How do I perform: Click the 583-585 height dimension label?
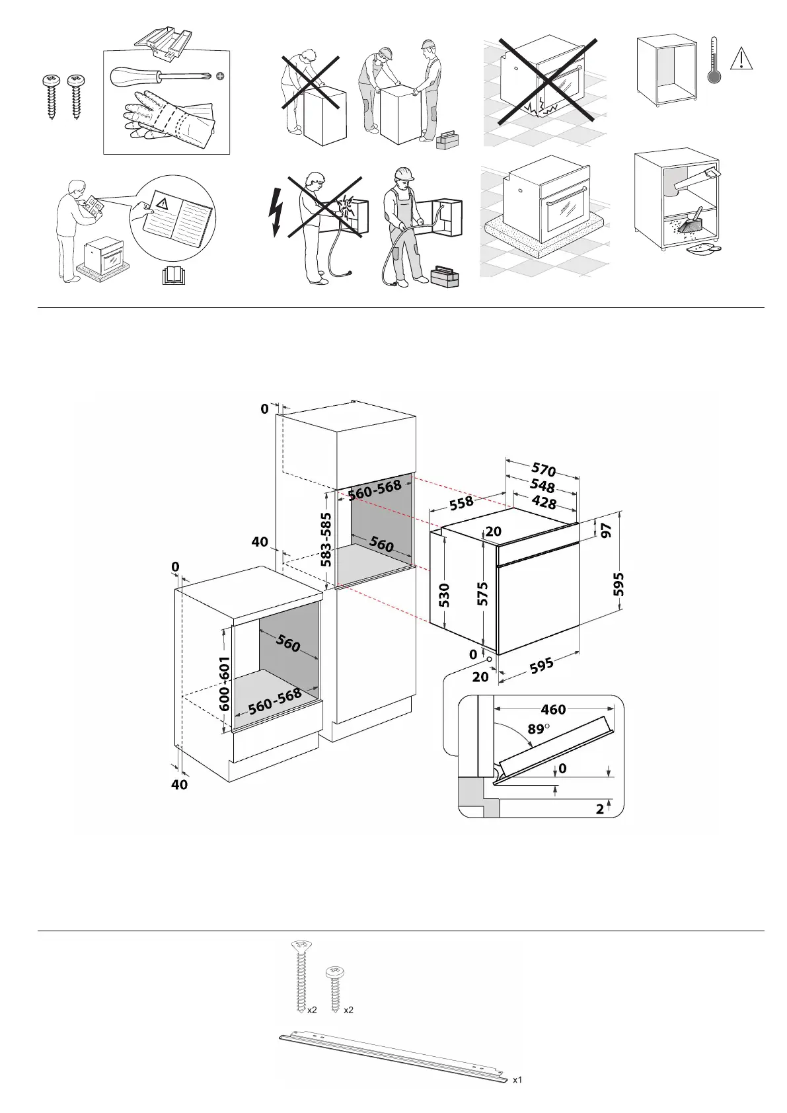pyautogui.click(x=326, y=540)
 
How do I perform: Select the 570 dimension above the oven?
pyautogui.click(x=544, y=470)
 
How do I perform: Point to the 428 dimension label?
pyautogui.click(x=544, y=502)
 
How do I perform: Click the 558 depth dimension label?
pyautogui.click(x=461, y=503)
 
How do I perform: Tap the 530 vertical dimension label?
pyautogui.click(x=444, y=595)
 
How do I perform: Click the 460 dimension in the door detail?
pyautogui.click(x=553, y=710)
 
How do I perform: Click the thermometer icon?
pyautogui.click(x=714, y=60)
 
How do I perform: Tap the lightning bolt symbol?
pyautogui.click(x=276, y=211)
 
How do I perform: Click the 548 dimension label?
pyautogui.click(x=543, y=486)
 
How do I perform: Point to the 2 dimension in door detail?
pyautogui.click(x=600, y=808)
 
